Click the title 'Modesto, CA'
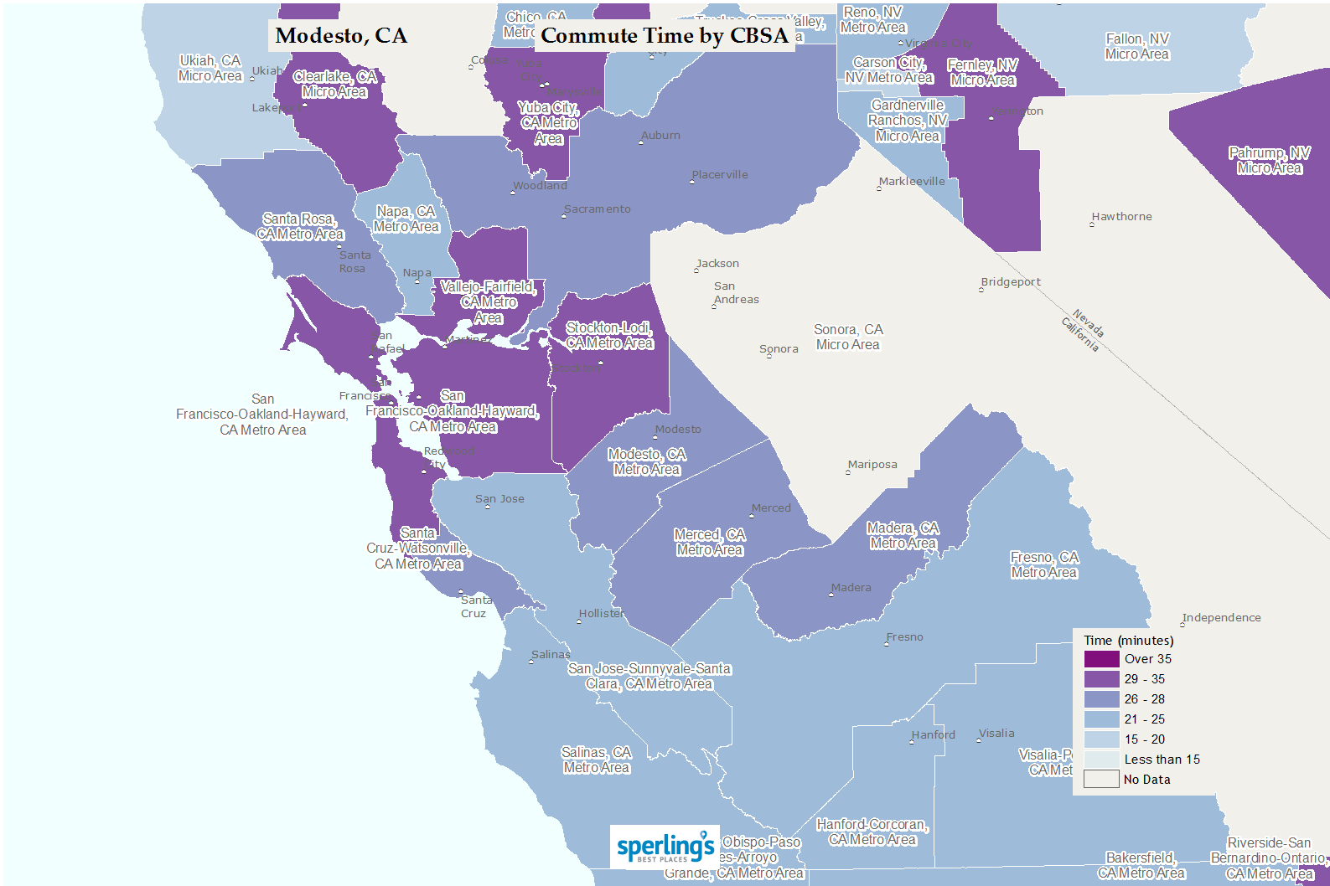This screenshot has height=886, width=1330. point(341,36)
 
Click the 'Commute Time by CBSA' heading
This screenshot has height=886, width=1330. point(665,36)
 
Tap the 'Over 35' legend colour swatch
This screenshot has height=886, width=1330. point(1101,659)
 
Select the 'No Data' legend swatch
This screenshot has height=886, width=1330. point(1101,780)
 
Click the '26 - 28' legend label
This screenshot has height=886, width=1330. point(1144,699)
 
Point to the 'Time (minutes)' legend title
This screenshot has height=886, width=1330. point(1128,641)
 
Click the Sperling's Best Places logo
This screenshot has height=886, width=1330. point(665,847)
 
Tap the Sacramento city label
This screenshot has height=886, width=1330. point(598,209)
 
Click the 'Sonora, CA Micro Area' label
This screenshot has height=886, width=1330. point(848,337)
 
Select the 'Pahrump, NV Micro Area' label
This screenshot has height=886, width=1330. point(1269,161)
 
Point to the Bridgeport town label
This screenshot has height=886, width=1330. point(1011,282)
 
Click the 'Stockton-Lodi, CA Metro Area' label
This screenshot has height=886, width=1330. point(609,336)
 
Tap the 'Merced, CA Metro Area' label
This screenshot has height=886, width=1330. point(710,543)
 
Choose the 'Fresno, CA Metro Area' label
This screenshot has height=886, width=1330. point(1044,565)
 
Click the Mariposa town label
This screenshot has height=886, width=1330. point(872,465)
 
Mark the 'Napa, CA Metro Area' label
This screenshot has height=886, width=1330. point(406,219)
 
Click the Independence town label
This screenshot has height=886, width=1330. point(1221,618)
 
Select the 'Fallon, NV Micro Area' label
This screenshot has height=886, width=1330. point(1136,47)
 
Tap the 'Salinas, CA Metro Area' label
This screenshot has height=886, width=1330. point(596,760)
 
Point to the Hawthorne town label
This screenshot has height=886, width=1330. point(1121,217)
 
